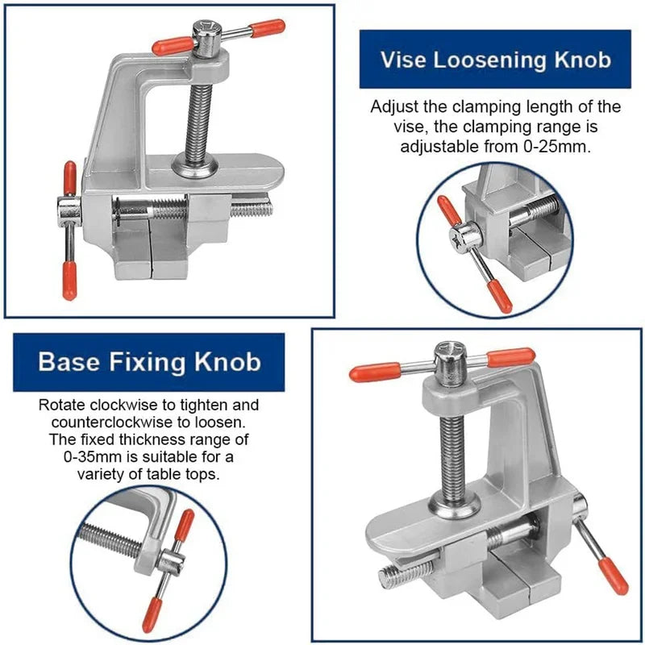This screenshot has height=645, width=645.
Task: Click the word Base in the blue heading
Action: [x=69, y=362]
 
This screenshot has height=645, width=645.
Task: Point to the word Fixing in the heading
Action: [x=146, y=362]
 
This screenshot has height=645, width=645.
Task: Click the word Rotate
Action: [x=61, y=406]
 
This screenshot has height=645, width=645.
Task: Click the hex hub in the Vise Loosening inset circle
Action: [x=466, y=237]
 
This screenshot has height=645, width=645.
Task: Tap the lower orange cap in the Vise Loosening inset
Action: [x=500, y=298]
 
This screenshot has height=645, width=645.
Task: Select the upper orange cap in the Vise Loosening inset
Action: [x=449, y=210]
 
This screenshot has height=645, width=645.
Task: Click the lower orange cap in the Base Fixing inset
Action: [x=152, y=616]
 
